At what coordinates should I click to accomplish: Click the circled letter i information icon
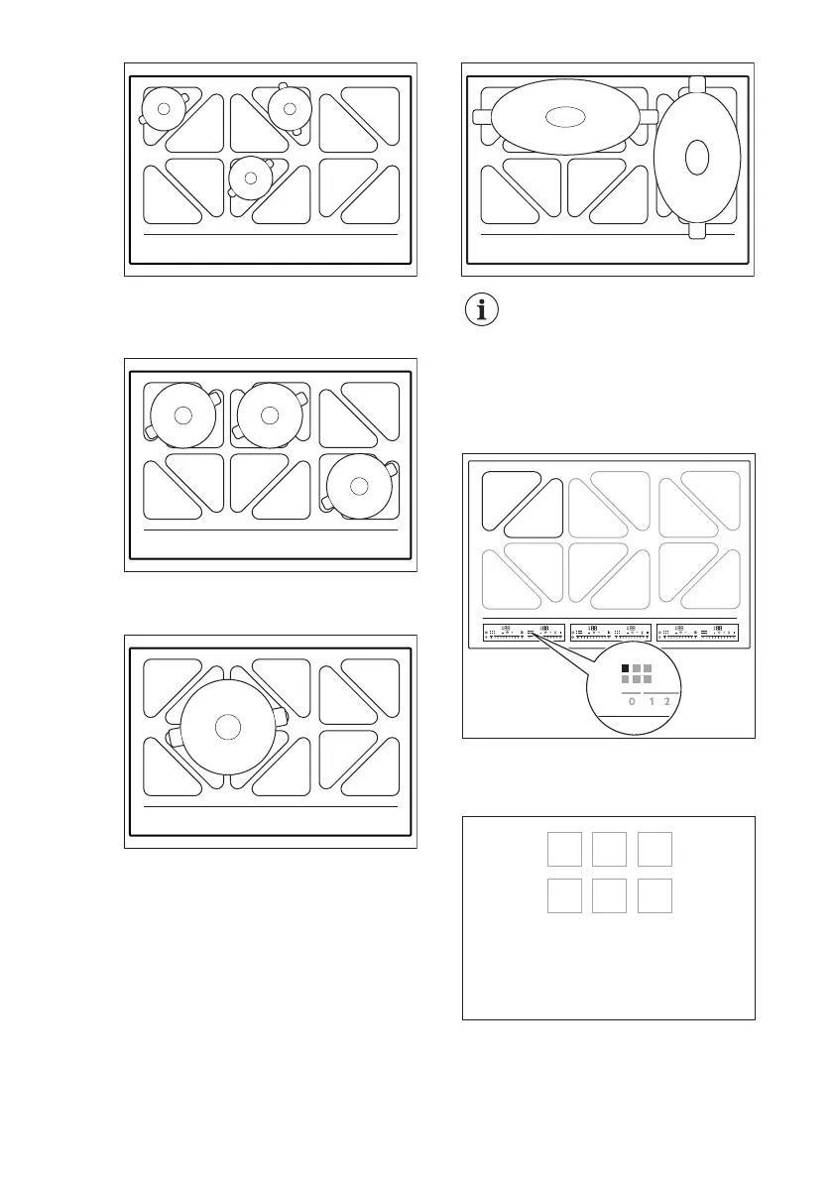pos(483,310)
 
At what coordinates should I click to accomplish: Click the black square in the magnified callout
pos(626,667)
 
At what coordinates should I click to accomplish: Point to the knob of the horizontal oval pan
pos(563,117)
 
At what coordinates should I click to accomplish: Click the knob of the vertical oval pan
pos(697,157)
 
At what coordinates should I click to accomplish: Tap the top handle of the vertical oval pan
pos(697,85)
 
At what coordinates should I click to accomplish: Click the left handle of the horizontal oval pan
pos(482,117)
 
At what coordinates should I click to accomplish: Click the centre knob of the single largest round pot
pos(228,726)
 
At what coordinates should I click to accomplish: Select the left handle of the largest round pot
pos(174,737)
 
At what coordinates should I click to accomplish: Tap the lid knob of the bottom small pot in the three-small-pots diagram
pos(251,177)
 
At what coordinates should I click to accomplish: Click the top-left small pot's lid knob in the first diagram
pos(163,107)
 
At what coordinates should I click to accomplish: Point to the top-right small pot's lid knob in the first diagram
pos(290,107)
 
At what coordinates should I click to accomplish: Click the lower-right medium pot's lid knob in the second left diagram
pos(359,483)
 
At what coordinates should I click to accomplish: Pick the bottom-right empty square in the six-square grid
pos(655,895)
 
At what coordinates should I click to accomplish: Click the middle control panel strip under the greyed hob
pos(610,632)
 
